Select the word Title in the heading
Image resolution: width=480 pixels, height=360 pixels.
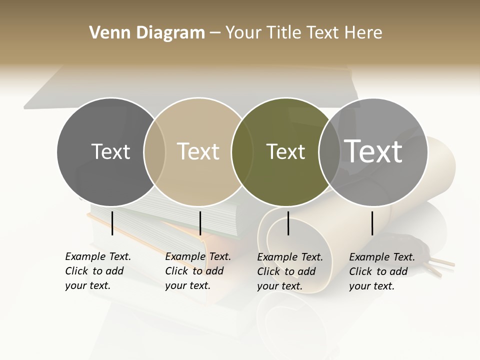pos(284,32)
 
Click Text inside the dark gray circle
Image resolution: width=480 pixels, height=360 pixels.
pos(110,151)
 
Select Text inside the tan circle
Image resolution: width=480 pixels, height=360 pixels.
pos(198,151)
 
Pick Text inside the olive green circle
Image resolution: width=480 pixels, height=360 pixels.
pos(285,151)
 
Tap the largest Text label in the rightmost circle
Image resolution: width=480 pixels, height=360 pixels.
pos(373,151)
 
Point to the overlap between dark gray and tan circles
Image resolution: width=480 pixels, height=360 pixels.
pos(154,151)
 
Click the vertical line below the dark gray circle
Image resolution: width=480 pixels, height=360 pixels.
pos(112,223)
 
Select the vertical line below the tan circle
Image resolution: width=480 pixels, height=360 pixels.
pos(200,223)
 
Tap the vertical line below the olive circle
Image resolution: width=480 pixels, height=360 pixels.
pos(288,223)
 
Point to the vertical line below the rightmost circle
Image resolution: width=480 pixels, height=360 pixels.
pos(372,223)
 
